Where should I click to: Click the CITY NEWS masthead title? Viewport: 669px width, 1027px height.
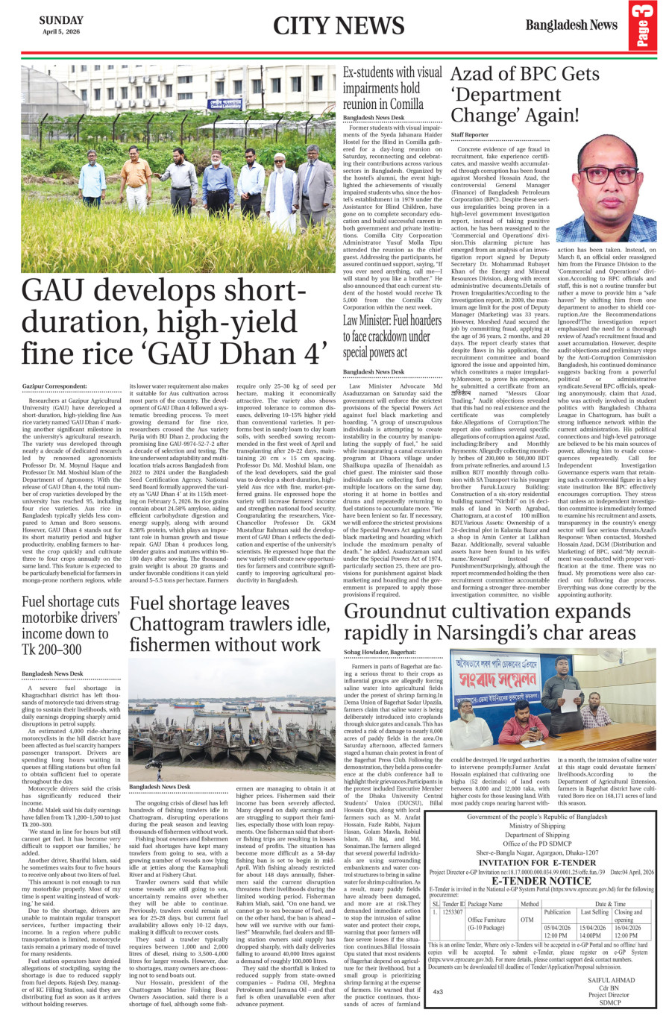pos(338,26)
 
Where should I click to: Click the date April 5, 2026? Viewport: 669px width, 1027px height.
pos(61,32)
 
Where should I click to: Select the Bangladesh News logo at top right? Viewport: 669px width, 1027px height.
pos(571,25)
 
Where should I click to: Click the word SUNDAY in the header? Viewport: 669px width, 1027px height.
pos(61,20)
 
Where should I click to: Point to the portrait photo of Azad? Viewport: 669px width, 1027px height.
pos(606,188)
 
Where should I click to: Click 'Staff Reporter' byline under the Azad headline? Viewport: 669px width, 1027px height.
pos(469,135)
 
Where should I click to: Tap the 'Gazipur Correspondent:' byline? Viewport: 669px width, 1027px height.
pos(54,386)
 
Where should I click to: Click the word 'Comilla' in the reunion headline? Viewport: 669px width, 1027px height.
pos(406,104)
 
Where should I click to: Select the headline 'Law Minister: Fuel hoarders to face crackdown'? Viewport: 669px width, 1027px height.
pos(392,336)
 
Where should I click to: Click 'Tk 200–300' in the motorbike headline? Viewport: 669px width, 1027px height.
pos(51,650)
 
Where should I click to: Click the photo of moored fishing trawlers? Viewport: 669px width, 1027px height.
pos(232,717)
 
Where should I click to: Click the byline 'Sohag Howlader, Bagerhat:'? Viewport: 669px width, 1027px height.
pos(380,652)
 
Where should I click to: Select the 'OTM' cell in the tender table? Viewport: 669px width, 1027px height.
pos(527,920)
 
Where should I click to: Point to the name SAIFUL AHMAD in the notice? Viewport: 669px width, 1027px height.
pos(611,980)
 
